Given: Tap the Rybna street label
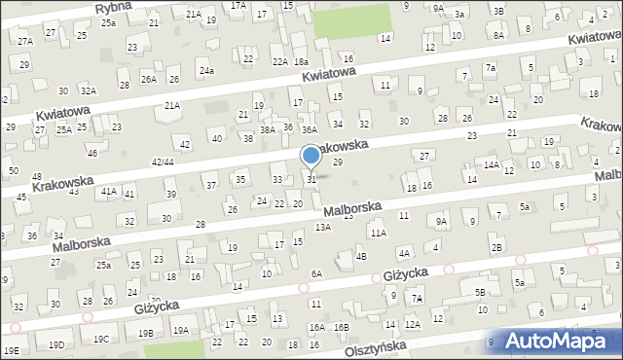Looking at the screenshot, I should (x=115, y=8).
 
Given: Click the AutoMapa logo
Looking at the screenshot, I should (x=566, y=341).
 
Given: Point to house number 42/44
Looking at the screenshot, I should (x=163, y=162).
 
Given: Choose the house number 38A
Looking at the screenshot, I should (x=267, y=129).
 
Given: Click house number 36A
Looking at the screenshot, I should (x=310, y=129).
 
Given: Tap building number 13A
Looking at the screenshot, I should (x=322, y=227).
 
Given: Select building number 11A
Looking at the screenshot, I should (x=378, y=234).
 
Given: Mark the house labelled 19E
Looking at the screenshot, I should (x=11, y=350).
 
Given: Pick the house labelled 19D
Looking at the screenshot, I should (x=57, y=344).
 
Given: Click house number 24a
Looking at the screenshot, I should (x=206, y=71).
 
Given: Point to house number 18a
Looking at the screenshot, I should (x=301, y=62).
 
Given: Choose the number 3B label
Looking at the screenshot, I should (x=498, y=11).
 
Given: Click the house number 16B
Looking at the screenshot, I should (x=341, y=327).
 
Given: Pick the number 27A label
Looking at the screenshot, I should (x=24, y=41).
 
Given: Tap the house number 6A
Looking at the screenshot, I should (x=316, y=274).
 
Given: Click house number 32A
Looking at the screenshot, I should (x=89, y=90).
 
